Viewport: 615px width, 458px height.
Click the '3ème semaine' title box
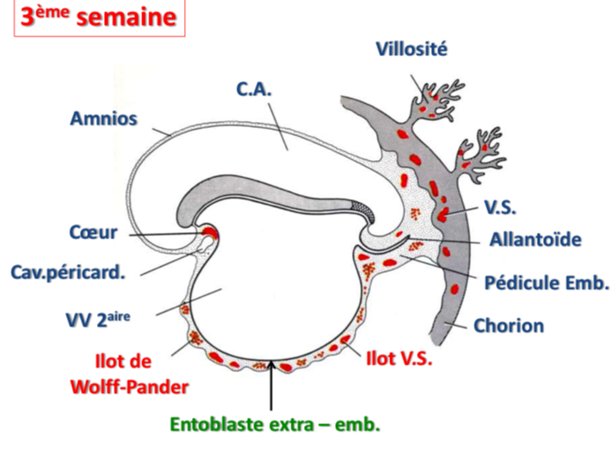click(99, 20)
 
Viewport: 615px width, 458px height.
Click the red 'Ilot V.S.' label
click(399, 358)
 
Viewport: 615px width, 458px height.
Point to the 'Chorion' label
click(508, 325)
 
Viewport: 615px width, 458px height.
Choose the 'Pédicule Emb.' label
click(547, 284)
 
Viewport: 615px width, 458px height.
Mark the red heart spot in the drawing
click(210, 235)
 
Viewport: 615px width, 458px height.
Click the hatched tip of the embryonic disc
click(363, 212)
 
